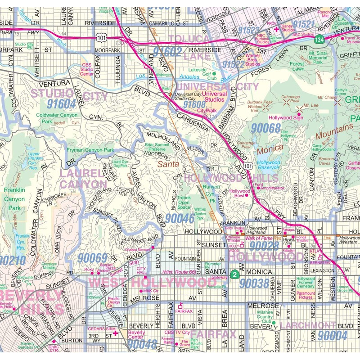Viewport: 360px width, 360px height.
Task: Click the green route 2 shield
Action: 234,274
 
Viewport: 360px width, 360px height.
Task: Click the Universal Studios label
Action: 214,96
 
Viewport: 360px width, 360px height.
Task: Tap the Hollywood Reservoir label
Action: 269,165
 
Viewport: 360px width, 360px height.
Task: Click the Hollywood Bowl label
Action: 240,193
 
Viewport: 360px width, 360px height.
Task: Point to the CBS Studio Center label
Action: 87,70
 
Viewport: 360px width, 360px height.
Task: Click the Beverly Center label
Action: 136,334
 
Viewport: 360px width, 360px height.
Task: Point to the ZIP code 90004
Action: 332,335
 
